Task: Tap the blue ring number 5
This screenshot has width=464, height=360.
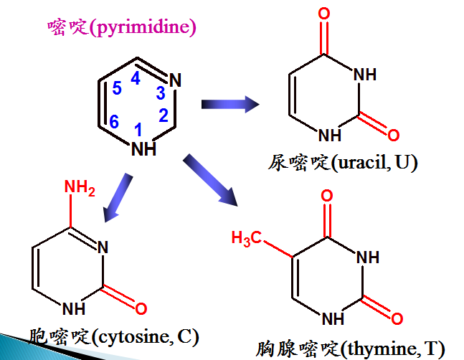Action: tap(118, 90)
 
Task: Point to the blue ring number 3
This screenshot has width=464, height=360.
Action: tap(161, 93)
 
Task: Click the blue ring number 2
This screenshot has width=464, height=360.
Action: tap(163, 115)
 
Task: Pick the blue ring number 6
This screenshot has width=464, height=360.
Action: tap(113, 123)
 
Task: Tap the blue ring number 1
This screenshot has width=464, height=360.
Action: tap(139, 129)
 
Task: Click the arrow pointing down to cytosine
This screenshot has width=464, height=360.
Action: tap(118, 197)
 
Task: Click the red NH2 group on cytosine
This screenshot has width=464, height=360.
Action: tap(80, 188)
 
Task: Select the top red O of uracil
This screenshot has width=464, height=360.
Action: tap(324, 13)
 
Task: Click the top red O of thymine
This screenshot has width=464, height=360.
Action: tap(327, 196)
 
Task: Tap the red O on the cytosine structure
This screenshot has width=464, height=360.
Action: tap(141, 310)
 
